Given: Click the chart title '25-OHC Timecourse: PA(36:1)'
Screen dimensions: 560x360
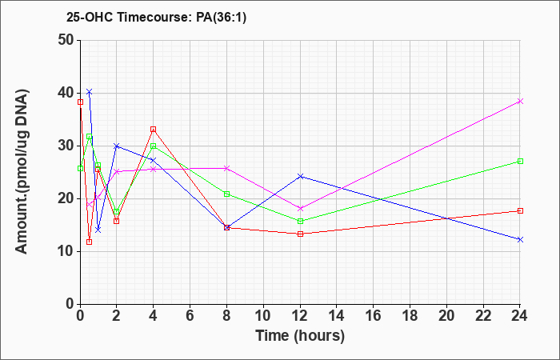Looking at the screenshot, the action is coord(157,18).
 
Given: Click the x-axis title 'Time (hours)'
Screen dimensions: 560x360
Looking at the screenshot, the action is coord(300,336).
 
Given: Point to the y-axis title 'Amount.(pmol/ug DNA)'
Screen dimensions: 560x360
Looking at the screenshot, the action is coord(22,172).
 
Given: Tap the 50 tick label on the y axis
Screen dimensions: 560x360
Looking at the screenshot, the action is coord(66,40).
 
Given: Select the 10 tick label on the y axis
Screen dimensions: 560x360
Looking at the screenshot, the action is coord(66,251).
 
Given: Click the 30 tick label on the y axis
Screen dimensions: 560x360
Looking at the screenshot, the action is coord(66,146).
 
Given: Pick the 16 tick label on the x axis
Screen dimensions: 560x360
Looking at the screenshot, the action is coord(374,316).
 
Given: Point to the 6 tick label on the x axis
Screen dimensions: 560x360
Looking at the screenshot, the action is coord(190,316).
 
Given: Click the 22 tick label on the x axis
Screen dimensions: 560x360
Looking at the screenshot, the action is coord(483,316).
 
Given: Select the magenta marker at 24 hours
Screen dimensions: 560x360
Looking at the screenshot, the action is coord(520,101).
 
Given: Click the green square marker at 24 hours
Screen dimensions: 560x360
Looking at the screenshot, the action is coord(520,161).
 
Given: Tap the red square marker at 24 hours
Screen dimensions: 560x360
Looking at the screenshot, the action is coord(520,210).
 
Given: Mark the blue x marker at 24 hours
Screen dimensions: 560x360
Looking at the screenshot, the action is coord(520,239).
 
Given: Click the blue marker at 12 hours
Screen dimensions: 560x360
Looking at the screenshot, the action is coord(300,176).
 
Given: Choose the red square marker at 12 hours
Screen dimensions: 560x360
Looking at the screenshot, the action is coord(300,234).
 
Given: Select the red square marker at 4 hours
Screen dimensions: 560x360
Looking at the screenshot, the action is coord(154,129).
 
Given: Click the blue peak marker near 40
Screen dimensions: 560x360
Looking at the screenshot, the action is coord(90,92).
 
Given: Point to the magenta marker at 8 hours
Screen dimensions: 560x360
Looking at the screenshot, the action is coord(226,168).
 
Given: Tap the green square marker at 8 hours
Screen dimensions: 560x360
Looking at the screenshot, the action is coord(226,194).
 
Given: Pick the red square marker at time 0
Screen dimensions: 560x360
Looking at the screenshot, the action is coord(80,102).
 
